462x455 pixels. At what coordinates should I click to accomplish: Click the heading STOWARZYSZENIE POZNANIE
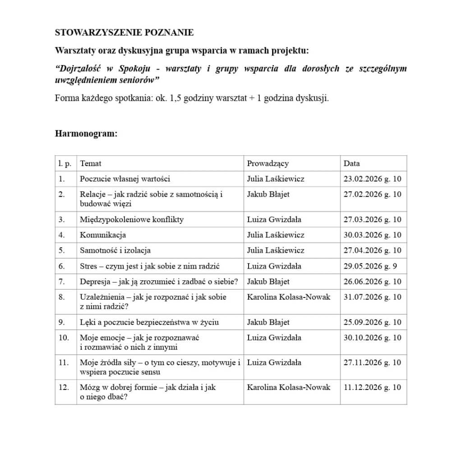point(124,32)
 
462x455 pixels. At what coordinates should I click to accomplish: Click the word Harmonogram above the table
point(86,134)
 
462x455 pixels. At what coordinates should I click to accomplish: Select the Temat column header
point(91,163)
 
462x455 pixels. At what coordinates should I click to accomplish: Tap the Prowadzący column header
point(268,163)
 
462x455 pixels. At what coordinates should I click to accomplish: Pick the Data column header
point(351,163)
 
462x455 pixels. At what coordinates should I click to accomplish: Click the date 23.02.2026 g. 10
point(372,179)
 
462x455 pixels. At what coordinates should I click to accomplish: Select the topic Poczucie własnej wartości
point(125,179)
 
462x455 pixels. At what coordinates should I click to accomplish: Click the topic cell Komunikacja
point(103,235)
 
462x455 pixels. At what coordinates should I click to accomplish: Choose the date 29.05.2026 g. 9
point(370,266)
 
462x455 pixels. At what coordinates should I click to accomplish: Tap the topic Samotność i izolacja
point(115,250)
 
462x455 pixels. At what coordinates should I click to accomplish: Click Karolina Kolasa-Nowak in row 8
point(289,297)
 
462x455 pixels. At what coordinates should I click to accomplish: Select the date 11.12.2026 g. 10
point(372,387)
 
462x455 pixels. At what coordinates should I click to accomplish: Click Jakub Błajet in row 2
point(268,194)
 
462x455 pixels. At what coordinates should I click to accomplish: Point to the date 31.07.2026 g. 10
point(372,297)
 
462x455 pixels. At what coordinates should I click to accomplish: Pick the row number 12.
point(64,387)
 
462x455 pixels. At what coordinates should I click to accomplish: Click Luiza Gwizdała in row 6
point(274,266)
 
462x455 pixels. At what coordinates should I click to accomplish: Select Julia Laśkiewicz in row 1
point(276,179)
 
